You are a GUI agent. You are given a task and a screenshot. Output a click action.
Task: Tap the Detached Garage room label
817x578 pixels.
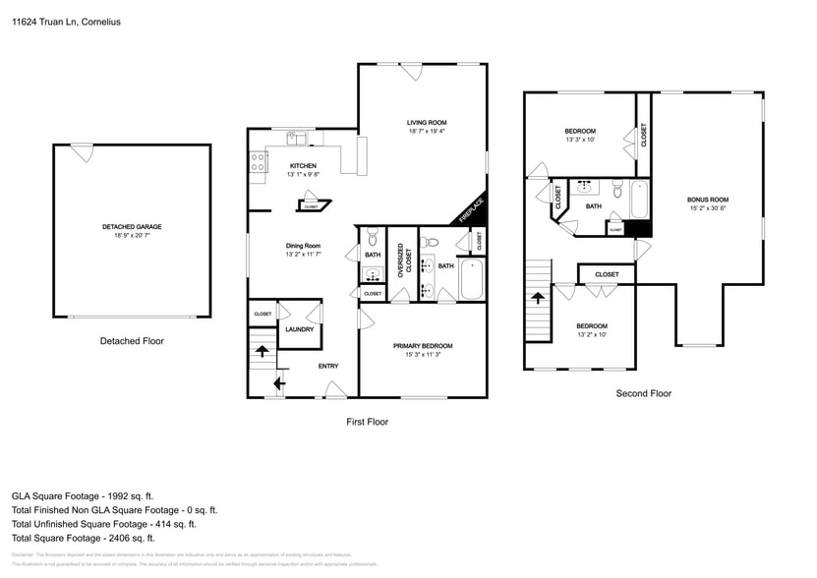132,227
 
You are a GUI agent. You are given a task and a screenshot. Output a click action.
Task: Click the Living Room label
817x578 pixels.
427,123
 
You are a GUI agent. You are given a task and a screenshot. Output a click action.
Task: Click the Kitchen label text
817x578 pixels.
303,166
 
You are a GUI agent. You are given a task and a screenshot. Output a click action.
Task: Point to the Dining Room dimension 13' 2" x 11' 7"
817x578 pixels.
303,255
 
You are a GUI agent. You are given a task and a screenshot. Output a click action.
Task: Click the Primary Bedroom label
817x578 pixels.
423,345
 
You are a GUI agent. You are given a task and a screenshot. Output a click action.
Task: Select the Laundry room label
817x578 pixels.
299,329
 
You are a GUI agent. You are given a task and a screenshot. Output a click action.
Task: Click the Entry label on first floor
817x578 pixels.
328,367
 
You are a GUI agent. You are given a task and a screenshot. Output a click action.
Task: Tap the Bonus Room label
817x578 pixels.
707,200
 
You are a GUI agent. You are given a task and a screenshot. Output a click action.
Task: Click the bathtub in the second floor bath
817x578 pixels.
640,200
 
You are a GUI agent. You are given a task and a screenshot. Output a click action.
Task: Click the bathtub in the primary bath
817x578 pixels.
472,280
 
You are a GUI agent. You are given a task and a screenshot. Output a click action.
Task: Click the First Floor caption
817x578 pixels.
366,422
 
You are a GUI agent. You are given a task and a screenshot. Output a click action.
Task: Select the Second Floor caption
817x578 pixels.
644,393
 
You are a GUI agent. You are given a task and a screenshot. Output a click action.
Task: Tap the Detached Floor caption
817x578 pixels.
132,341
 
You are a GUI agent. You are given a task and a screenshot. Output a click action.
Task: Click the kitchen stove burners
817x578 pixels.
257,162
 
